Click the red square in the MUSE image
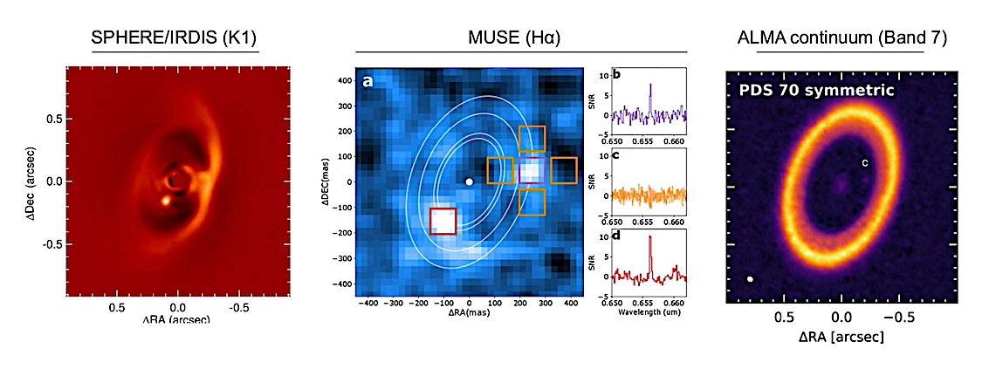point(443,221)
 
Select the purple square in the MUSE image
point(532,171)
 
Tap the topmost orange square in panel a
point(532,139)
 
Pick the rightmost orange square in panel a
point(564,170)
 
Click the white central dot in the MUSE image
point(470,182)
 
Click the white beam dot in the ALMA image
point(750,279)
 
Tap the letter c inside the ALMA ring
point(864,162)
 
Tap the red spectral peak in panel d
point(650,238)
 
